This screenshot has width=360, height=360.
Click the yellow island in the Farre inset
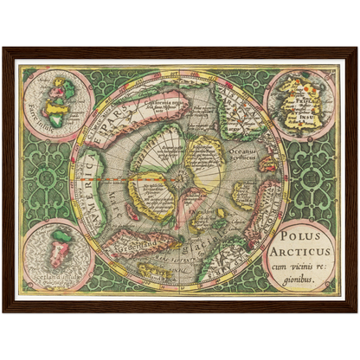(x=58, y=87)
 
